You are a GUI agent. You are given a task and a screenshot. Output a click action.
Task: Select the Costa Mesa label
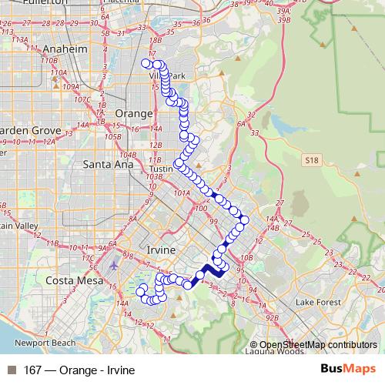(67, 281)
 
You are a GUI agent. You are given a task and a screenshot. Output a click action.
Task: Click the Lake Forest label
(317, 302)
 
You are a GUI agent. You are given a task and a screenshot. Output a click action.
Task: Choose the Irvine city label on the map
(160, 251)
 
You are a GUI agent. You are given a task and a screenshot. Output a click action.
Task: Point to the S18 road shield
(311, 159)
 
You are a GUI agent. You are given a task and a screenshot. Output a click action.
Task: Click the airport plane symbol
(115, 266)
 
